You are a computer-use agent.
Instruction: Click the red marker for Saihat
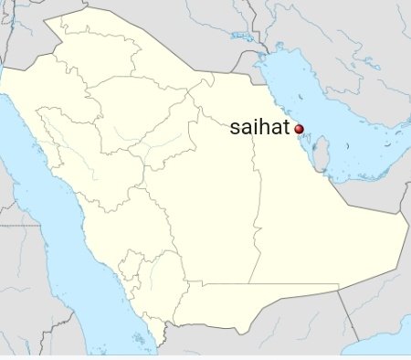(x=299, y=131)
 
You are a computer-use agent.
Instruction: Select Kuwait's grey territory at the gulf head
(x=260, y=69)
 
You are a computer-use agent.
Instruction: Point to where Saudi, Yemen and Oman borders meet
(x=339, y=286)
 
